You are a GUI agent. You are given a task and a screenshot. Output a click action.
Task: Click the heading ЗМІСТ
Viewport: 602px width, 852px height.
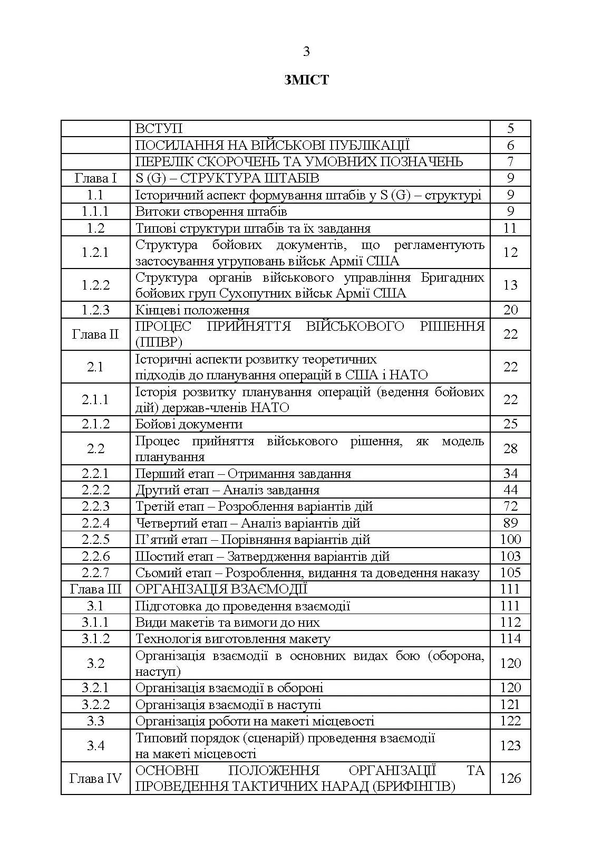[x=306, y=80]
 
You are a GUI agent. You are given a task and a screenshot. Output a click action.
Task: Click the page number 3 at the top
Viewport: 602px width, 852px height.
[x=306, y=52]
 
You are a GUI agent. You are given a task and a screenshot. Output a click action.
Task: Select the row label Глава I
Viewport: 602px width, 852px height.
[x=95, y=178]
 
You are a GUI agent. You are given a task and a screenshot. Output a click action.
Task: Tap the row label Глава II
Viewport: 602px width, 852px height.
[x=95, y=334]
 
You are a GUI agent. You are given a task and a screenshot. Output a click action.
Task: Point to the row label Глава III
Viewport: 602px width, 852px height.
[x=95, y=589]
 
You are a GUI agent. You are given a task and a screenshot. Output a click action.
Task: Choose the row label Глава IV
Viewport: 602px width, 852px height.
[x=95, y=778]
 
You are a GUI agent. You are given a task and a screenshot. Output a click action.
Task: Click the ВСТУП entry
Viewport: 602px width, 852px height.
[x=159, y=129]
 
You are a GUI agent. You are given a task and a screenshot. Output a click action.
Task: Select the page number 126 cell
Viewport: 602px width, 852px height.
[x=510, y=778]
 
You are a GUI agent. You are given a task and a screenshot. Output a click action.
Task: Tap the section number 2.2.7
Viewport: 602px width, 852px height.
[x=95, y=572]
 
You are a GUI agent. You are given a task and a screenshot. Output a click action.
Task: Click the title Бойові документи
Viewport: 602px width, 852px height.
[x=189, y=424]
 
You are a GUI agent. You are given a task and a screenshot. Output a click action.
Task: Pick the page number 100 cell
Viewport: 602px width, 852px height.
[x=510, y=539]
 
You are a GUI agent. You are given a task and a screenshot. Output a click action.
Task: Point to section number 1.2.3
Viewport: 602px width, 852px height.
[x=95, y=310]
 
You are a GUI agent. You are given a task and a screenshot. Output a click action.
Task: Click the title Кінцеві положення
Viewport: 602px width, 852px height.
[x=192, y=310]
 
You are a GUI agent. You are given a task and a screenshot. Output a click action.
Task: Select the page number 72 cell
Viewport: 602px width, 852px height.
[x=510, y=506]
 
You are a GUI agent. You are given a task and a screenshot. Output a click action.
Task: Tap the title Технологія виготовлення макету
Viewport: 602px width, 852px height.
[x=232, y=639]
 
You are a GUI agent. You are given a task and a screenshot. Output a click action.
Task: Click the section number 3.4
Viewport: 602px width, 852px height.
[x=95, y=745]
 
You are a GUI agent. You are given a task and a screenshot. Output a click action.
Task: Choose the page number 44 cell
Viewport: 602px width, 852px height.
[x=510, y=490]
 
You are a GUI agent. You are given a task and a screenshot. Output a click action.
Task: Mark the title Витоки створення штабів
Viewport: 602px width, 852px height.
[x=211, y=212]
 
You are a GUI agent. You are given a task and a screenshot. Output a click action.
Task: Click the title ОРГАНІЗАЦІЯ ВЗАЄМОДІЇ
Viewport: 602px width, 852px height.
[x=221, y=589]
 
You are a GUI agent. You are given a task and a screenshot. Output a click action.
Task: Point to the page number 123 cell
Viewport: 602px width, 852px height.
[x=510, y=745]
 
